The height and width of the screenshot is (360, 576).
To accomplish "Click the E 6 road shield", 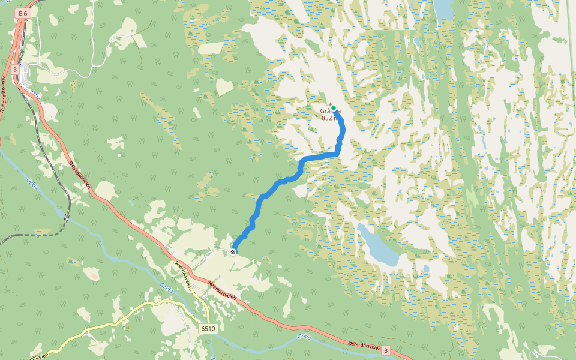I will click(x=23, y=13).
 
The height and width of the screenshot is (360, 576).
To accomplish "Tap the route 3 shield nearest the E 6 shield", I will click(x=14, y=70).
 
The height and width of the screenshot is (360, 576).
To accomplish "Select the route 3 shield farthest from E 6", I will click(x=386, y=350).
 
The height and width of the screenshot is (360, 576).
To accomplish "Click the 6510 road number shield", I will click(x=208, y=329).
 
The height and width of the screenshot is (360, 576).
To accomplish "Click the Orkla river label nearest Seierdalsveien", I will click(x=166, y=289).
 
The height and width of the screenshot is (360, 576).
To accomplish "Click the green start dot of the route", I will click(x=334, y=109).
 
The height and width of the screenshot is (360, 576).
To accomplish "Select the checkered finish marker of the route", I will click(x=233, y=252).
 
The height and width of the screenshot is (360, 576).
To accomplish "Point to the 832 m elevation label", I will click(x=328, y=118).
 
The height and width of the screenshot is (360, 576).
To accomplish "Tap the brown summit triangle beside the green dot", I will click(x=329, y=103).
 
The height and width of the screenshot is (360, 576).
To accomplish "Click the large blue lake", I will click(x=378, y=246).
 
